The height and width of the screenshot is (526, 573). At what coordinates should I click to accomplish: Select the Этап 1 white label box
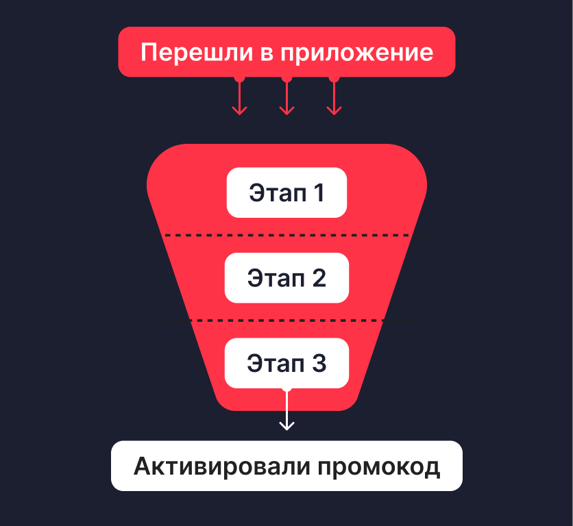pos(286,192)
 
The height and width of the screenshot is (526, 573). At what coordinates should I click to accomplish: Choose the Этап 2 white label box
pos(286,277)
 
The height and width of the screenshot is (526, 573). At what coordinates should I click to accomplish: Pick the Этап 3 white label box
pos(286,363)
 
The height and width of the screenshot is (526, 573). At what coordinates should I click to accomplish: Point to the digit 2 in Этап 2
pos(318,277)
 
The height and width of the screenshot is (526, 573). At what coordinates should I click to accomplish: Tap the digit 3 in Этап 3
pos(319,363)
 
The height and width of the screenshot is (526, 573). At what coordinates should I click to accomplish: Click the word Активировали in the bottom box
pos(222,466)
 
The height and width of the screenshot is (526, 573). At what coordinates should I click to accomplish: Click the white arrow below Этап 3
pos(286,414)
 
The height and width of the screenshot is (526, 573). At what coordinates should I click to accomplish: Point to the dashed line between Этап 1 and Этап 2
pos(286,236)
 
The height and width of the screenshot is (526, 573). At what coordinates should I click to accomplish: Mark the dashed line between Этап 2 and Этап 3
pos(286,321)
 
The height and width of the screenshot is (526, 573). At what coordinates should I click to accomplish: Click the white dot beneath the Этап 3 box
pos(286,388)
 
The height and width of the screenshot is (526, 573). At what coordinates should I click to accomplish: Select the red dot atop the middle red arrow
pos(286,78)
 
